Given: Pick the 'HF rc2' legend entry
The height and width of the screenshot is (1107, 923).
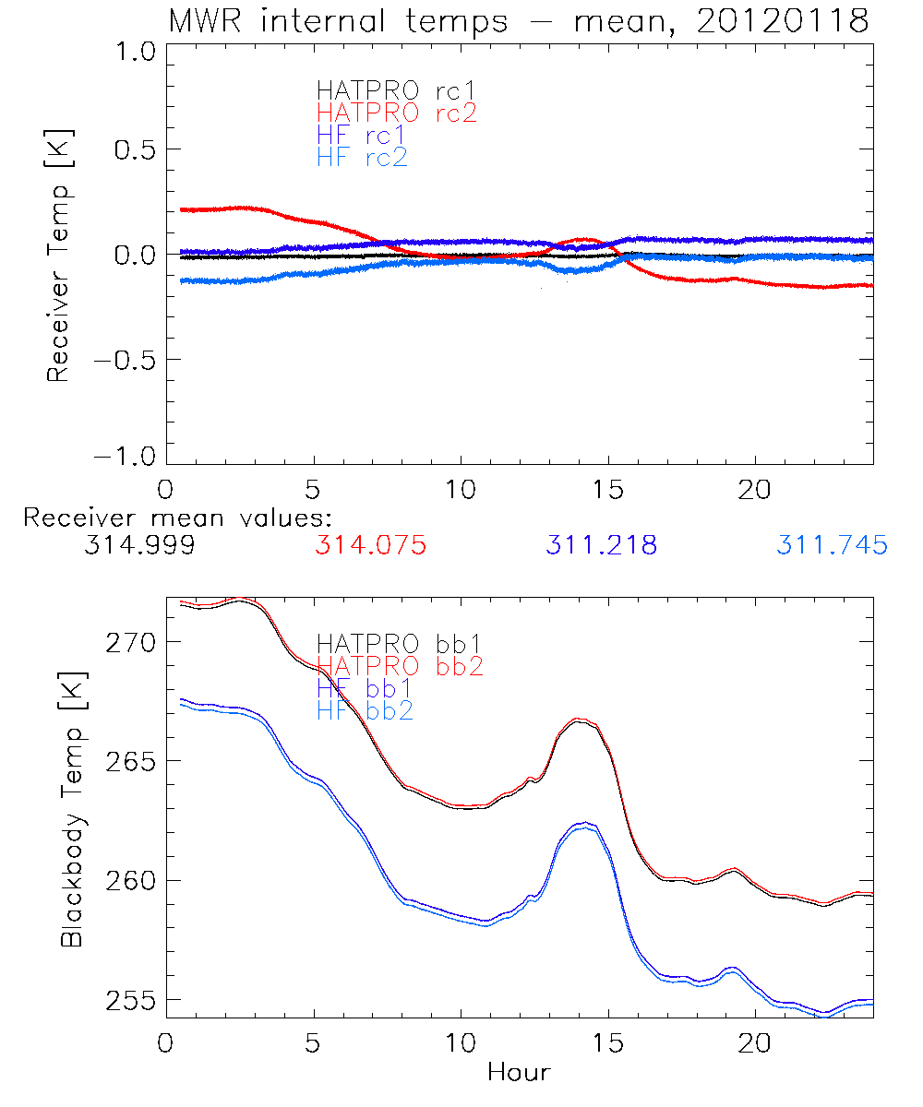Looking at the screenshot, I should tap(362, 157).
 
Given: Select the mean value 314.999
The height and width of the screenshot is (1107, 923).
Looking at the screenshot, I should tap(139, 546).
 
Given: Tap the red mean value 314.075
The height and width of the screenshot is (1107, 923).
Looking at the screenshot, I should tap(370, 546).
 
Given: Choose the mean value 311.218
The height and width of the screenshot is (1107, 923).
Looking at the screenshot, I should tap(601, 546).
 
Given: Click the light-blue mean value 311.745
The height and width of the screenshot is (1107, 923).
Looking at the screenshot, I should tap(832, 546).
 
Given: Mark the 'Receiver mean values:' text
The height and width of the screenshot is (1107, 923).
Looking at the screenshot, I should tap(177, 518).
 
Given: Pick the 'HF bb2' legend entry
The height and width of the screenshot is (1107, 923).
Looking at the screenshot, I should tap(365, 710).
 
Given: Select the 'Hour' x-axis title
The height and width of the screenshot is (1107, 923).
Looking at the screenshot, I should tap(519, 1073).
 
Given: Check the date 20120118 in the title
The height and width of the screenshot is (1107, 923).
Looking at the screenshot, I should tap(783, 21).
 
